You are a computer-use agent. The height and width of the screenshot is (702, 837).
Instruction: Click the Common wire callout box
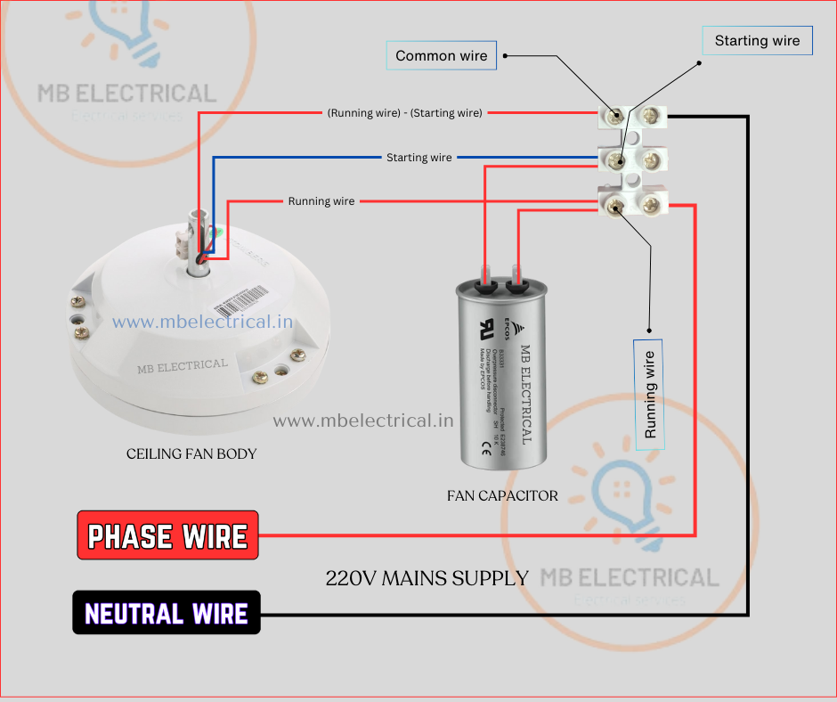(442, 55)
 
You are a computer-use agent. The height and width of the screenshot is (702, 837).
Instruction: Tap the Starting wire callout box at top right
(757, 41)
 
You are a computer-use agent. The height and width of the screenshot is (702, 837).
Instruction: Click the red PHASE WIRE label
(167, 535)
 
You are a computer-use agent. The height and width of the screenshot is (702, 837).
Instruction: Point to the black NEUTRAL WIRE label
(167, 613)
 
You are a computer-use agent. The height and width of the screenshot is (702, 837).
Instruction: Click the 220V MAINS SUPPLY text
(427, 578)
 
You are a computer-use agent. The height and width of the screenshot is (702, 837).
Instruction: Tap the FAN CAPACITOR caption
(502, 496)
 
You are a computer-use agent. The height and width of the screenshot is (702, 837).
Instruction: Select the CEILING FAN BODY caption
(191, 454)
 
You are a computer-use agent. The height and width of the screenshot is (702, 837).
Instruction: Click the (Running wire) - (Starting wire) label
(405, 113)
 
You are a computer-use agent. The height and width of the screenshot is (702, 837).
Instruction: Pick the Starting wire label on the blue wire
(418, 158)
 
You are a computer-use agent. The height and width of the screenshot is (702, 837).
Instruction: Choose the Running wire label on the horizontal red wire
(321, 201)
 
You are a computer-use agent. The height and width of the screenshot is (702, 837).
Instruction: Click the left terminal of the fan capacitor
(485, 285)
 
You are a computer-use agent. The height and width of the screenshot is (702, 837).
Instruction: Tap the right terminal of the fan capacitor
(517, 285)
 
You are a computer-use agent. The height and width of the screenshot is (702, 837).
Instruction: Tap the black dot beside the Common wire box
(505, 55)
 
